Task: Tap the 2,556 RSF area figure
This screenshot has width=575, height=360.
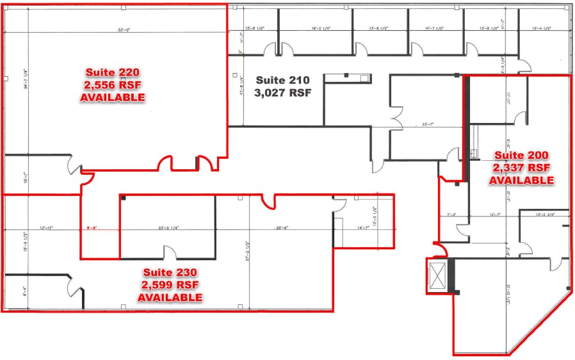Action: coord(113,85)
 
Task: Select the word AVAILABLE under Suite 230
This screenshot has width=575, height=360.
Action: coord(170,298)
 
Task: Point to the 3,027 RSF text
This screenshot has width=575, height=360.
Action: coord(282,93)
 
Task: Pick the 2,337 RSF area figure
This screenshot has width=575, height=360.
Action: coord(521,168)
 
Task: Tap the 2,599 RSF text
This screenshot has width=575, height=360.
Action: coord(170,285)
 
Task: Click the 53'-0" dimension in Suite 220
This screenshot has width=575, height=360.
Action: coord(123,29)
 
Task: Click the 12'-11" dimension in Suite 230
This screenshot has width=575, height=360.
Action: coord(47,227)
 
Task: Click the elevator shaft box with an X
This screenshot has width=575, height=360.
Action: coord(438,277)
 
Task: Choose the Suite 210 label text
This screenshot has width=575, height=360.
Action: coord(282,81)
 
